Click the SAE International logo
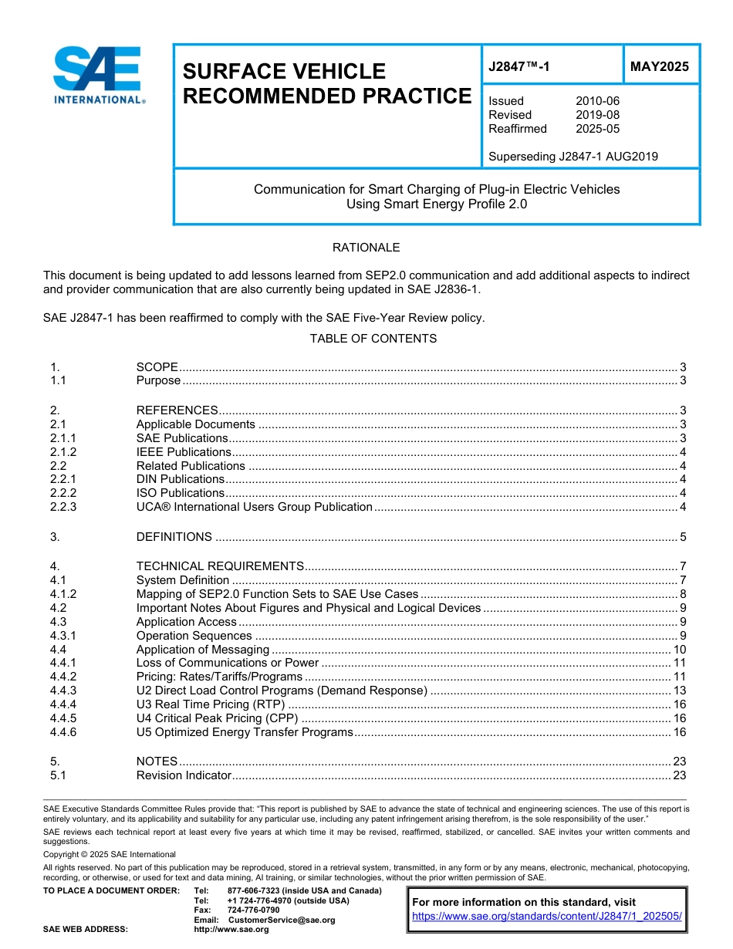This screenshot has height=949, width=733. [x=98, y=75]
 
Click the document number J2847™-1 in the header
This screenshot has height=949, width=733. [x=519, y=66]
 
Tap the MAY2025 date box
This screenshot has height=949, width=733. [x=660, y=66]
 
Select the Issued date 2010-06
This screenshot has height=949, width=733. [x=597, y=101]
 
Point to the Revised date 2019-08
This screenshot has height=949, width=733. [x=597, y=115]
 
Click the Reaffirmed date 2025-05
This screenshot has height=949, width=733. [x=597, y=129]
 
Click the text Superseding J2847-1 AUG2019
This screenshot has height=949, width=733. [x=573, y=157]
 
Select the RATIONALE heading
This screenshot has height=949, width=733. [x=366, y=248]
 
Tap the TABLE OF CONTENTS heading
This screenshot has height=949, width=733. [x=373, y=339]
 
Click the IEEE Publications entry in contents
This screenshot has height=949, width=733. [x=184, y=452]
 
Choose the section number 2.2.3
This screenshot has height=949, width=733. [x=63, y=507]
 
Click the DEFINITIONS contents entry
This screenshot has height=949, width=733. [x=174, y=537]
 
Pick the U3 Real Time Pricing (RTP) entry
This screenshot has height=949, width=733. [x=211, y=704]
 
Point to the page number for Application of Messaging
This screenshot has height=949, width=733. [x=679, y=650]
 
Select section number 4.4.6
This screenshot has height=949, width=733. [x=63, y=732]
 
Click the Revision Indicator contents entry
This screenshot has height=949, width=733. [x=184, y=775]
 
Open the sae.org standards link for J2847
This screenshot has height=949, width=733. [x=547, y=916]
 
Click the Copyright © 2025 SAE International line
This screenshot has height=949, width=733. [x=110, y=854]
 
